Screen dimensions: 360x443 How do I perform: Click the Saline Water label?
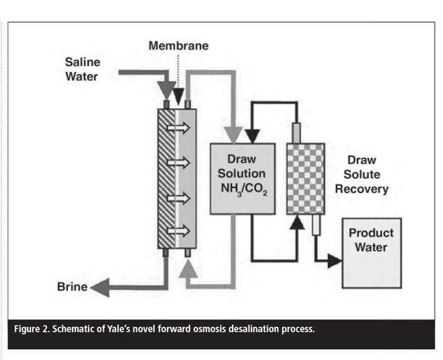pyautogui.click(x=82, y=69)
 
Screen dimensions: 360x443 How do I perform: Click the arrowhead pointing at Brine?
pyautogui.click(x=99, y=287)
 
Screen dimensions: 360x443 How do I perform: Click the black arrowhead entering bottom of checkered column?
pyautogui.click(x=297, y=222)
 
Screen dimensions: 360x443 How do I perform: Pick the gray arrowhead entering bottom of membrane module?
pyautogui.click(x=187, y=271)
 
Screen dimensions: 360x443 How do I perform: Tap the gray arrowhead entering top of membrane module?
pyautogui.click(x=166, y=92)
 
